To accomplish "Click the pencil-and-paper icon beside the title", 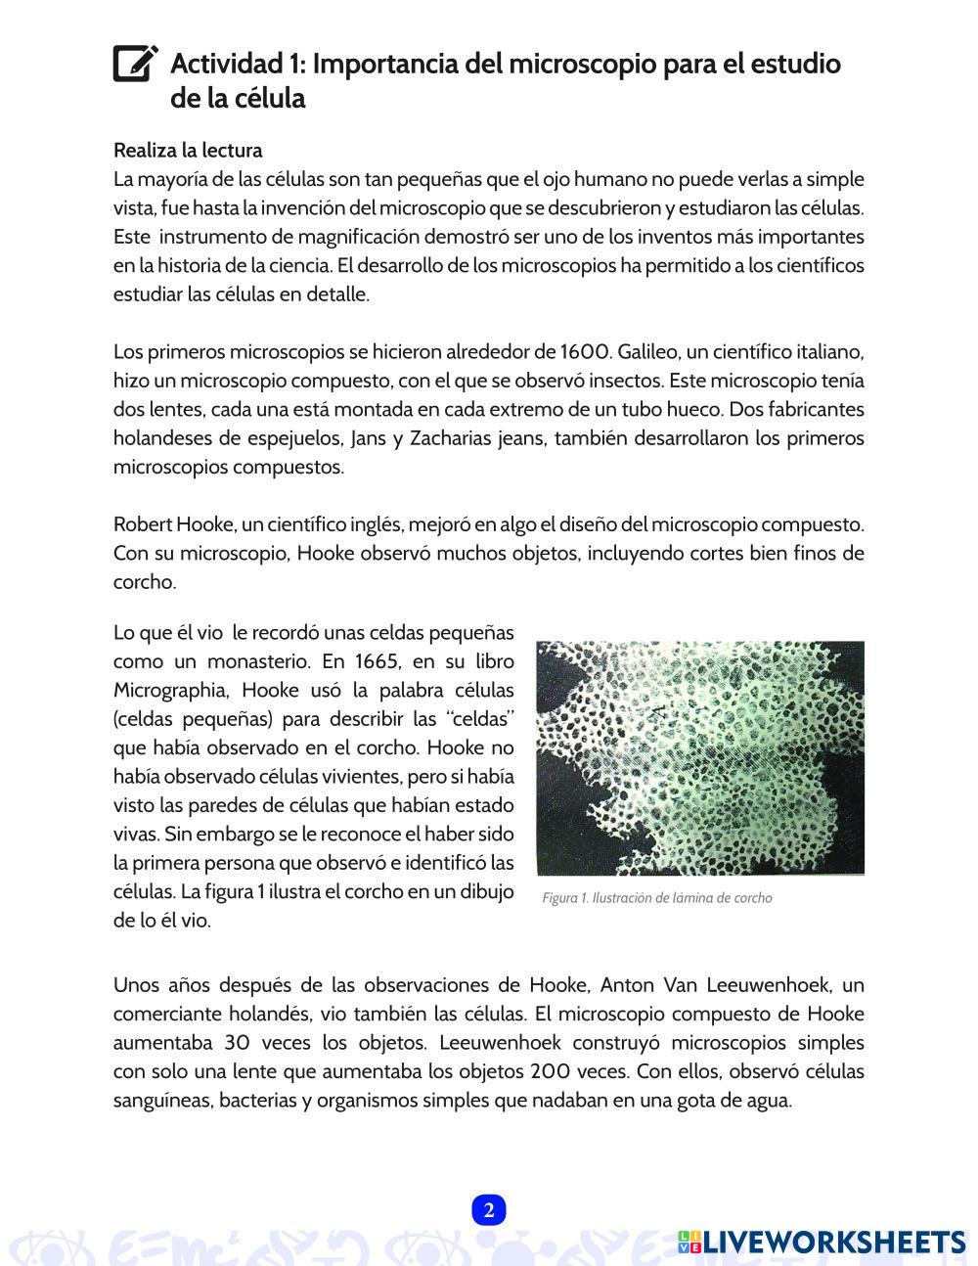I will pyautogui.click(x=135, y=64).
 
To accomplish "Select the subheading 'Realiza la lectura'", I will pyautogui.click(x=188, y=151).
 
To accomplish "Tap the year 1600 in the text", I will pyautogui.click(x=586, y=352).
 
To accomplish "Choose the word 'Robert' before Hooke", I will pyautogui.click(x=142, y=524).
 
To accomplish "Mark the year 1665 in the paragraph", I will pyautogui.click(x=377, y=660).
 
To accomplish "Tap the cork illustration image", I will pyautogui.click(x=699, y=758).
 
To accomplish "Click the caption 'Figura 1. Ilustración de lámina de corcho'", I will pyautogui.click(x=656, y=898).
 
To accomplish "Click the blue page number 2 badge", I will pyautogui.click(x=488, y=1210).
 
